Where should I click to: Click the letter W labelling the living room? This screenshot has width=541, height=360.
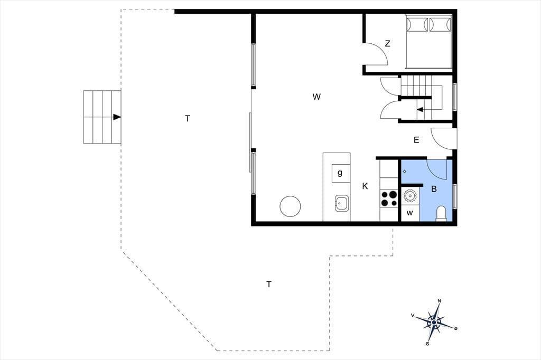(316, 97)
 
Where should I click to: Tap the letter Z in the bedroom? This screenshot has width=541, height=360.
(387, 44)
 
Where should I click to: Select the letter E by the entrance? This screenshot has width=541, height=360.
(416, 140)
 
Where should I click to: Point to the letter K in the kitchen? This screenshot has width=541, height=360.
(365, 186)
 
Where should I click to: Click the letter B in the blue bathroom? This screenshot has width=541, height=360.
(434, 189)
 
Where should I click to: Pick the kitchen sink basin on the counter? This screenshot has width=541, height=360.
(341, 203)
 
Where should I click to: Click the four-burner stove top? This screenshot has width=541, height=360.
(389, 198)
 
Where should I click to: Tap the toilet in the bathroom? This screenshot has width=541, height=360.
(441, 213)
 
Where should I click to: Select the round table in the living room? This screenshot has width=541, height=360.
(290, 206)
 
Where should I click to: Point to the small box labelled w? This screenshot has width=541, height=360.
(410, 213)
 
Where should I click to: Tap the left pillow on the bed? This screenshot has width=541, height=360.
(417, 24)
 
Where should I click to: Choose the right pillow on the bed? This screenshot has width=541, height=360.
(440, 24)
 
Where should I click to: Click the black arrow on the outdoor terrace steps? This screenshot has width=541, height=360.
(117, 117)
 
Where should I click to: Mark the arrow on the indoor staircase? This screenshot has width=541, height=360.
(420, 110)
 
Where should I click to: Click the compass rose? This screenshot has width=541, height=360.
(434, 323)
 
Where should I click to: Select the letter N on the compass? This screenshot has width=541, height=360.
(439, 301)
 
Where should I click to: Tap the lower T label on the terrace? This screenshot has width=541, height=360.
(269, 285)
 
